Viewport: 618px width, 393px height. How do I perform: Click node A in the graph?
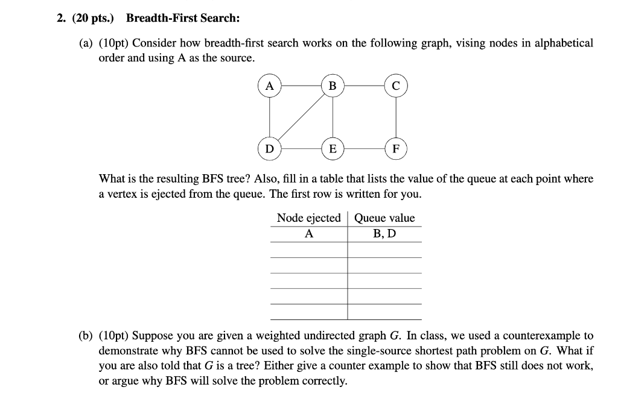tap(270, 86)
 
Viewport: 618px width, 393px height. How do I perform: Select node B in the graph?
tap(332, 86)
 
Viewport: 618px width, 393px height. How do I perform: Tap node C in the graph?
tap(395, 86)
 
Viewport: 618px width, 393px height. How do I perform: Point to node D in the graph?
tap(270, 148)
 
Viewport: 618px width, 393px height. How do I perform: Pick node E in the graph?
tap(332, 148)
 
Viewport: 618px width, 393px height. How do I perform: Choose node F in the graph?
tap(395, 148)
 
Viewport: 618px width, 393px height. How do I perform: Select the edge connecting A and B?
tap(301, 86)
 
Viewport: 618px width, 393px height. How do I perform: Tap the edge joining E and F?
tap(364, 148)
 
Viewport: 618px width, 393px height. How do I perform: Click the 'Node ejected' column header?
tap(308, 218)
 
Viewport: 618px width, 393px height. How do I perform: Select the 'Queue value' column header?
tap(384, 218)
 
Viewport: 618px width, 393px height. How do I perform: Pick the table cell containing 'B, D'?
tap(384, 233)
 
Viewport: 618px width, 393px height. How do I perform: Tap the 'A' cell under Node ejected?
tap(308, 234)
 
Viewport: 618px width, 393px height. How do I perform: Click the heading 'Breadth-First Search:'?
tap(183, 19)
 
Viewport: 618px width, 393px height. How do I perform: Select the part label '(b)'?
tap(86, 336)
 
